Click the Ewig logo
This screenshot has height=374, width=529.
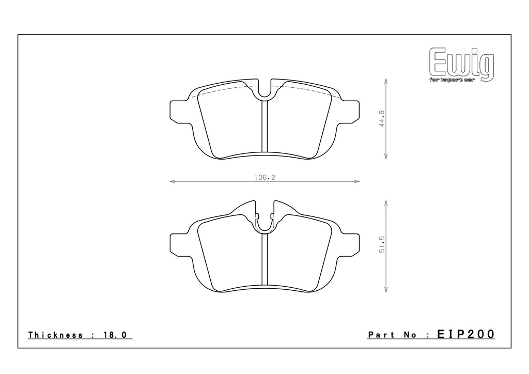coord(461,64)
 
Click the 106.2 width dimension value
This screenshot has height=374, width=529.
coord(265,177)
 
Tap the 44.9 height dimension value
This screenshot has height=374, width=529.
coord(382,118)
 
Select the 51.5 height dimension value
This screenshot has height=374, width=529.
coord(382,244)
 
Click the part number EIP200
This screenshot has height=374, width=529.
coord(465,334)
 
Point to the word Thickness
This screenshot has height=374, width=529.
coord(55,335)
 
